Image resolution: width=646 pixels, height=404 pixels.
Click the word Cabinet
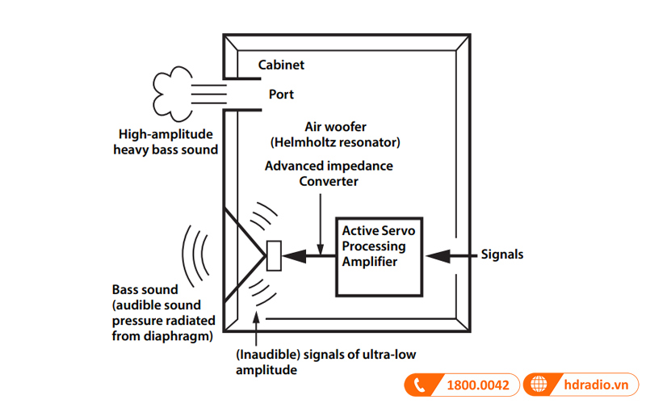click(x=281, y=65)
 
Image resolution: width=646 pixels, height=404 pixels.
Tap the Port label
click(x=281, y=95)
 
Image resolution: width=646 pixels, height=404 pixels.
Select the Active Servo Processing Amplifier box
click(x=380, y=256)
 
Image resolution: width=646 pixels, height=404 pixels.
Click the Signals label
click(x=501, y=255)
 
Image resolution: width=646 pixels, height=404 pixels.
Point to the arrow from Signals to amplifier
click(x=448, y=255)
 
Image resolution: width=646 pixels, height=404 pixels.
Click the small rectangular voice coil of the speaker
click(x=274, y=256)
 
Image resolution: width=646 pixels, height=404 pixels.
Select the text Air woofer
click(x=334, y=127)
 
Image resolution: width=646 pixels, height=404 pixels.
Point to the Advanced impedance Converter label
click(x=329, y=173)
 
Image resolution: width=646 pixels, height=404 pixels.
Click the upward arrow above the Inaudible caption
click(x=258, y=326)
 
